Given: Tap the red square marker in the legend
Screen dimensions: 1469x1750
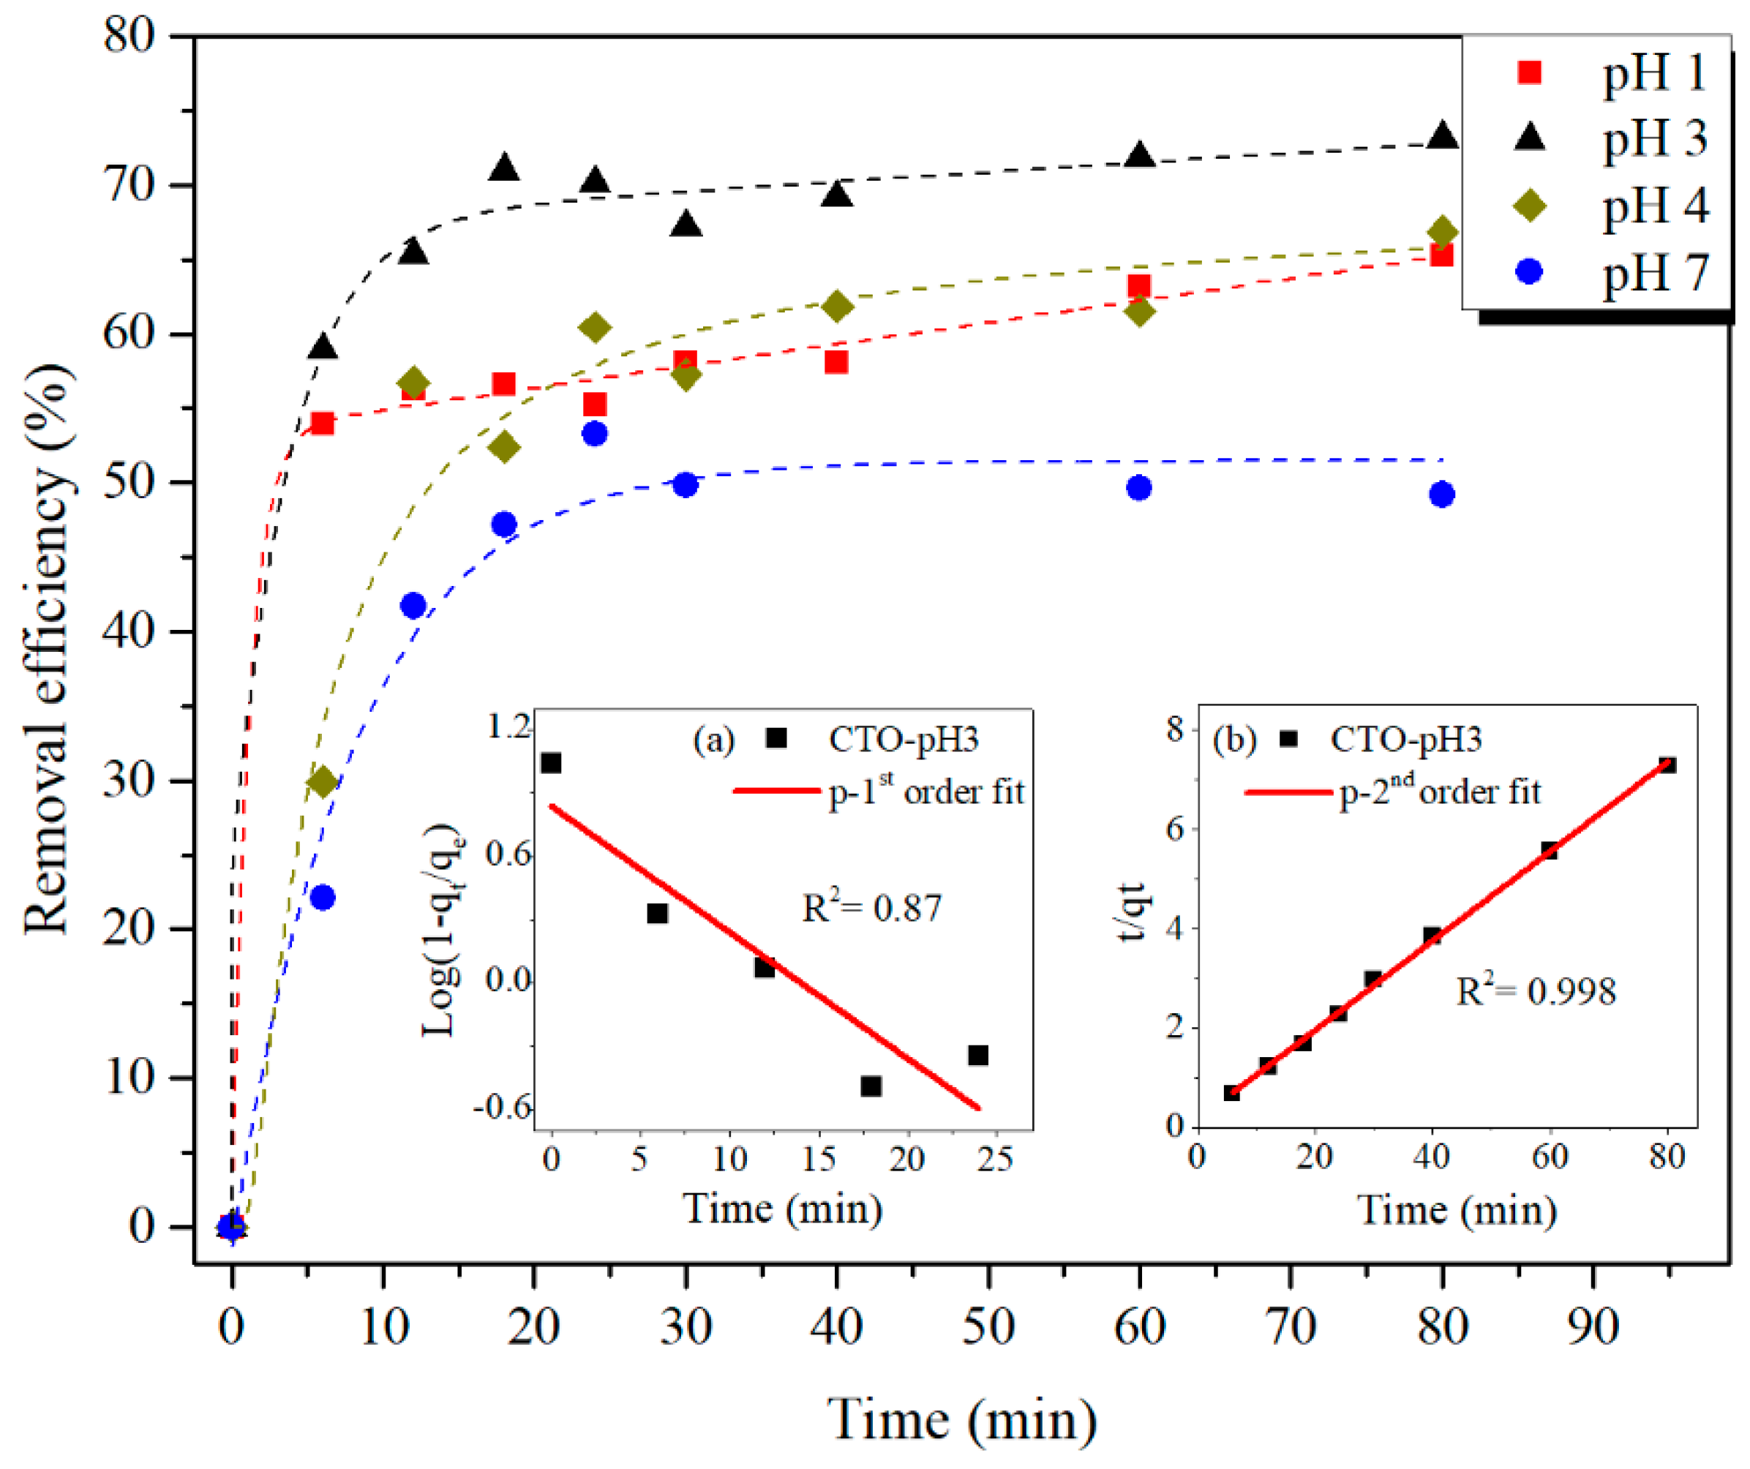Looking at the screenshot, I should point(1529,73).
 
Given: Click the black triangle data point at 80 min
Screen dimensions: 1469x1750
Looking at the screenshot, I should point(1443,135).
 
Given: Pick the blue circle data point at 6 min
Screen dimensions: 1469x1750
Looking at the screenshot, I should point(323,898).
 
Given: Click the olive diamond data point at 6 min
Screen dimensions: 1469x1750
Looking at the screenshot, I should point(323,781).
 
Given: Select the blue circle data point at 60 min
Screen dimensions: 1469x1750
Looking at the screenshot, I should point(1139,488).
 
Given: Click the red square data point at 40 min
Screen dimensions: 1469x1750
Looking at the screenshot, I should point(835,361).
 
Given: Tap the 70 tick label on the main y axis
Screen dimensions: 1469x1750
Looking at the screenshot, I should point(129,184).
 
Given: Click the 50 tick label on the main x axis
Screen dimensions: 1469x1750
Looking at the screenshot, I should point(988,1326).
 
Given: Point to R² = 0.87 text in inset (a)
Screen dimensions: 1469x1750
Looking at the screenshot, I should point(871,908).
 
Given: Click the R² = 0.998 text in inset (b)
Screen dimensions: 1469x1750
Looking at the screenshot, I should point(1536,991).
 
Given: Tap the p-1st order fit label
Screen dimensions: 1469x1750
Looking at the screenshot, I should point(925,791).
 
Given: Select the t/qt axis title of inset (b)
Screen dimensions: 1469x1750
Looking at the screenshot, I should point(1133,912).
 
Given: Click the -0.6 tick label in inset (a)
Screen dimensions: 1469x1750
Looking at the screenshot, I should point(503,1108).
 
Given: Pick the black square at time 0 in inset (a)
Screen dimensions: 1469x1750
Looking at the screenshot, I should point(551,763).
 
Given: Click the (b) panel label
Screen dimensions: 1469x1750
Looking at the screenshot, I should point(1233,740).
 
